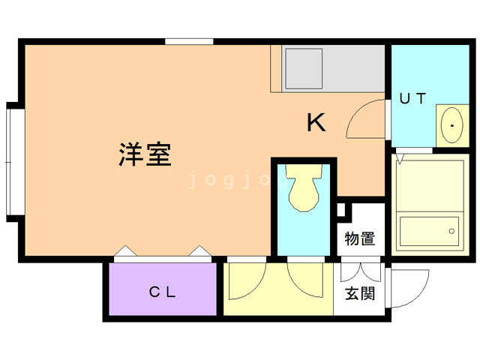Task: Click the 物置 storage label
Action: click(360, 239)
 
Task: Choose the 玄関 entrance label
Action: click(360, 293)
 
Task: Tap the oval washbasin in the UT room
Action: click(452, 124)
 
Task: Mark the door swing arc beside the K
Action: click(365, 118)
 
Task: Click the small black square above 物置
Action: click(341, 210)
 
